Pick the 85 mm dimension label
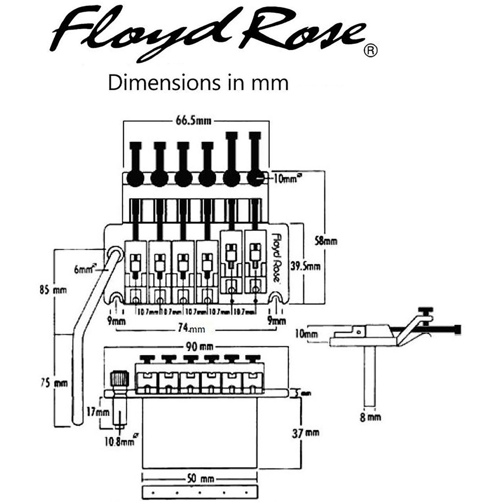pyautogui.click(x=53, y=289)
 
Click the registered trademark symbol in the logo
pyautogui.click(x=371, y=51)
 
